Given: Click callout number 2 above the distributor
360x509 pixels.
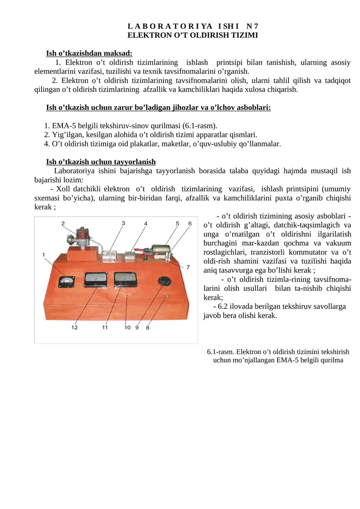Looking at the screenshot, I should (x=63, y=223).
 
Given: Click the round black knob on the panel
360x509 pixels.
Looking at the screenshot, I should (x=163, y=280).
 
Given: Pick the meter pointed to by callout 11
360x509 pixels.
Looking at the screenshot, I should (x=124, y=281).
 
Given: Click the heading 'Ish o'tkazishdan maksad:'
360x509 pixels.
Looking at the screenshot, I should (x=89, y=53).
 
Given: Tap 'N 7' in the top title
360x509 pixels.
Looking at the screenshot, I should (x=252, y=26).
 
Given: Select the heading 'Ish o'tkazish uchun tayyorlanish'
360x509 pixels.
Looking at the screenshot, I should (x=101, y=162).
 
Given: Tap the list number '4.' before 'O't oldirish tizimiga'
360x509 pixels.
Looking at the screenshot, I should (x=47, y=144).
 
